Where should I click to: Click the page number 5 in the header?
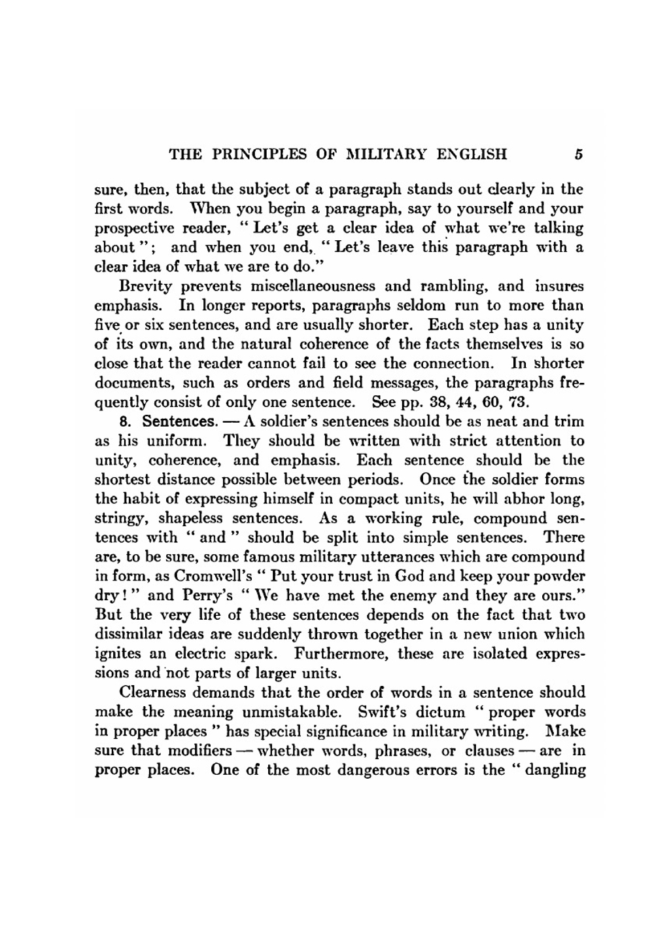578,155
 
